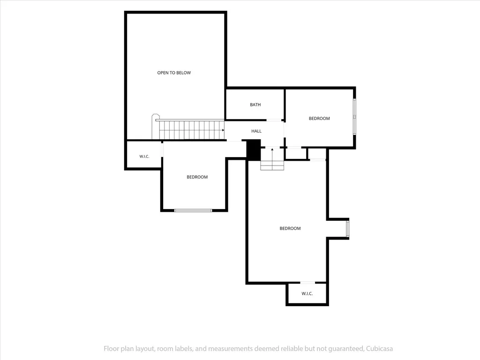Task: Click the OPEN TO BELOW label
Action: (174, 73)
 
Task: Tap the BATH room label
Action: (255, 105)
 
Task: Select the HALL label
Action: (256, 131)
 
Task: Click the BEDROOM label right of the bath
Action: (319, 119)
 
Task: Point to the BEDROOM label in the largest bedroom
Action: (290, 228)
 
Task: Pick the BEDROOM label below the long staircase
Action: (197, 177)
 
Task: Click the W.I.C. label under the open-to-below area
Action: (144, 157)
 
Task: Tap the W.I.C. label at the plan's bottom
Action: (307, 293)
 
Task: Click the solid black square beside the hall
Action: (254, 150)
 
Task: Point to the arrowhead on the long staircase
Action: (223, 130)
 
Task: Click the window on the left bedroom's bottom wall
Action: (193, 210)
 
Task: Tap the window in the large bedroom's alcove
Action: (347, 229)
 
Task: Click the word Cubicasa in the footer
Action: (379, 349)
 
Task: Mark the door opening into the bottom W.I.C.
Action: (307, 283)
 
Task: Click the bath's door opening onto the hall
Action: (274, 120)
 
